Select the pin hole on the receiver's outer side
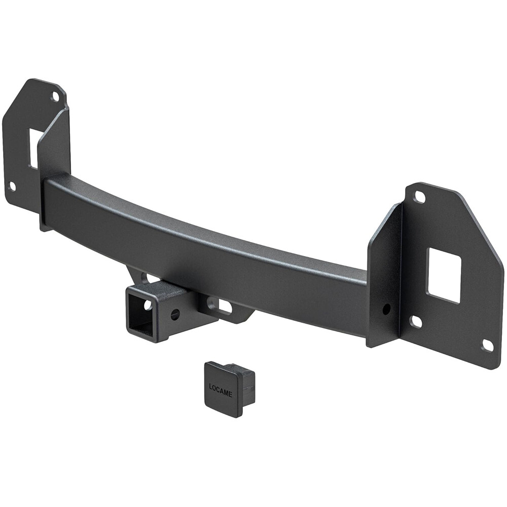(175, 314)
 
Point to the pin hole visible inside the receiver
(148, 305)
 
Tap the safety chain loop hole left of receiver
(143, 277)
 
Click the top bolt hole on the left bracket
(55, 96)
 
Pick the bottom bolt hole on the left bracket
(12, 186)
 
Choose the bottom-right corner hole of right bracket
(487, 345)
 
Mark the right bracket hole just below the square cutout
(416, 321)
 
